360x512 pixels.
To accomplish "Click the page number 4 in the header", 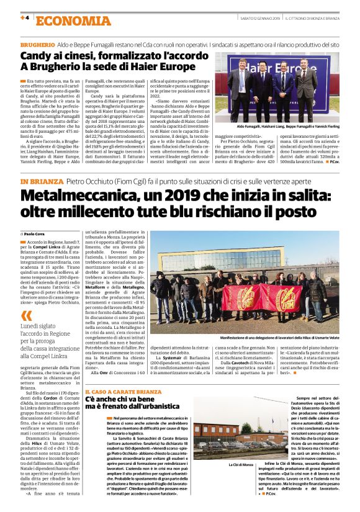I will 25,18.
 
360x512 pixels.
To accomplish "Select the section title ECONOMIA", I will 63,20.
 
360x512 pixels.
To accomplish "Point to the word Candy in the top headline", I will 37,58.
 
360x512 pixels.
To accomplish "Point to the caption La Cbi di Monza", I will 240,464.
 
